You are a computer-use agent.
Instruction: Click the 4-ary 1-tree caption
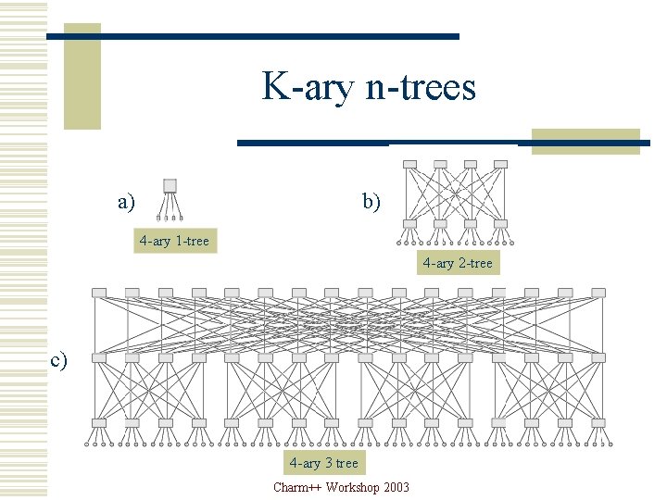[174, 242]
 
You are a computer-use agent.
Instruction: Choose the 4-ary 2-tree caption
[458, 263]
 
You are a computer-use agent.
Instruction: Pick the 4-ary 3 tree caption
[323, 463]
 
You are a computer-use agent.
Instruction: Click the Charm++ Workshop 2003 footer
[341, 487]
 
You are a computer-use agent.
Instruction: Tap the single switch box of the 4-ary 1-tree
[170, 184]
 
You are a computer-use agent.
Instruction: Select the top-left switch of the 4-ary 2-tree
[410, 165]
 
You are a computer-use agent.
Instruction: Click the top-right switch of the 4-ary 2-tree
[501, 165]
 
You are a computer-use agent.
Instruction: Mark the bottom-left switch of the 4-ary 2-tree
[410, 224]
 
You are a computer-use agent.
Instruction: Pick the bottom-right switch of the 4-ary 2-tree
[501, 224]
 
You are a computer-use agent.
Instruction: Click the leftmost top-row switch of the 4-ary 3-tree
[99, 293]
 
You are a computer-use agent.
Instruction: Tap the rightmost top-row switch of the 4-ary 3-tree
[598, 293]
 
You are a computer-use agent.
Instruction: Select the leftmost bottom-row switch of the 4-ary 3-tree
[99, 423]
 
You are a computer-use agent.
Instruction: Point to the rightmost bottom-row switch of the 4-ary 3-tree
[598, 423]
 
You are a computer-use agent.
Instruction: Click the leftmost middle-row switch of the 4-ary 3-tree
[99, 357]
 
